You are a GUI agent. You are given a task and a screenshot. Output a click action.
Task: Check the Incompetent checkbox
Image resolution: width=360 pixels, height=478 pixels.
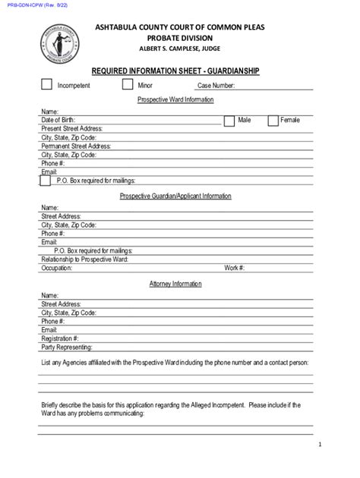tap(46, 84)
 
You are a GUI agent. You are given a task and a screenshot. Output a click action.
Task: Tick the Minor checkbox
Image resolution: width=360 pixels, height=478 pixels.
tap(128, 84)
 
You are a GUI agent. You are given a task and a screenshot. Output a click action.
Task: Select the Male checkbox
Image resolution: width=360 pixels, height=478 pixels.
tap(229, 120)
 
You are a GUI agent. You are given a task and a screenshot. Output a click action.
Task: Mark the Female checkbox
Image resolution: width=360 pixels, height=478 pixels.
tap(273, 120)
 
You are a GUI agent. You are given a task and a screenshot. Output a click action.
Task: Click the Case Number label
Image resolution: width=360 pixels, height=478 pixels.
tap(216, 86)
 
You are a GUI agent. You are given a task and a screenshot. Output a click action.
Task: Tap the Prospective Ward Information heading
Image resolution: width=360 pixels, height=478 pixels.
tap(175, 99)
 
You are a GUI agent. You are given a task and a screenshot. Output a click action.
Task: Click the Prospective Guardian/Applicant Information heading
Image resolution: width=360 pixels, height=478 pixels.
tap(175, 196)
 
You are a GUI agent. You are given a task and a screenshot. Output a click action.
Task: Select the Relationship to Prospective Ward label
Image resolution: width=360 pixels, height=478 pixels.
tap(84, 259)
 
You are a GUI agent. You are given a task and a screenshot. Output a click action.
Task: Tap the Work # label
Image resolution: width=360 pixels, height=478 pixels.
tap(234, 268)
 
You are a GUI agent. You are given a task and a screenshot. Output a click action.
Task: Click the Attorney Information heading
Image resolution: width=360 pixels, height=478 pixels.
tap(175, 284)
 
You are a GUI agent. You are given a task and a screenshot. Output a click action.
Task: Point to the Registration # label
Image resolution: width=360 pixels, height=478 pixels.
tap(60, 338)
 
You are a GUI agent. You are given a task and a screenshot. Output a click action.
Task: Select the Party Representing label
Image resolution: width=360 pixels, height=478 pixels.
tap(67, 347)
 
